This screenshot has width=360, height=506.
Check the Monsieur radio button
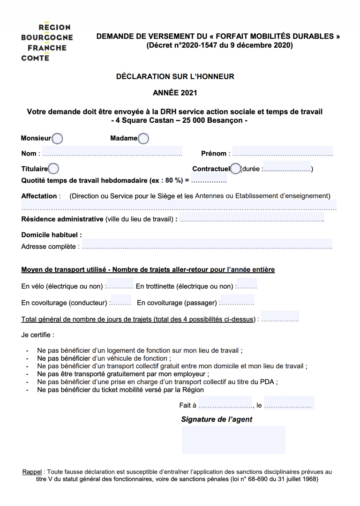point(57,139)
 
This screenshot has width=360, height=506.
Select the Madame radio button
point(143,139)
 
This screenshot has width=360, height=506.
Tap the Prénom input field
point(282,153)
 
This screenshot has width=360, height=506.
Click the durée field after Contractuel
point(287,169)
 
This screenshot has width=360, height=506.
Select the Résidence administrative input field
point(251,219)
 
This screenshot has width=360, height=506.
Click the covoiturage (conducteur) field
point(120,302)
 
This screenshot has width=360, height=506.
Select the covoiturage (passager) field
point(237,302)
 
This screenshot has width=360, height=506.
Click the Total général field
point(280,319)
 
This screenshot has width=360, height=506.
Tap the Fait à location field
point(225,405)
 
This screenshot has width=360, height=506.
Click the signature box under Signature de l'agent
point(233,439)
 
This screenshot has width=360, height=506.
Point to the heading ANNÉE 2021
point(175,93)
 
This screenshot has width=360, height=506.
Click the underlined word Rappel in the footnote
point(32,472)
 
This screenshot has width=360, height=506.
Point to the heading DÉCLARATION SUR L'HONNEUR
point(175,76)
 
